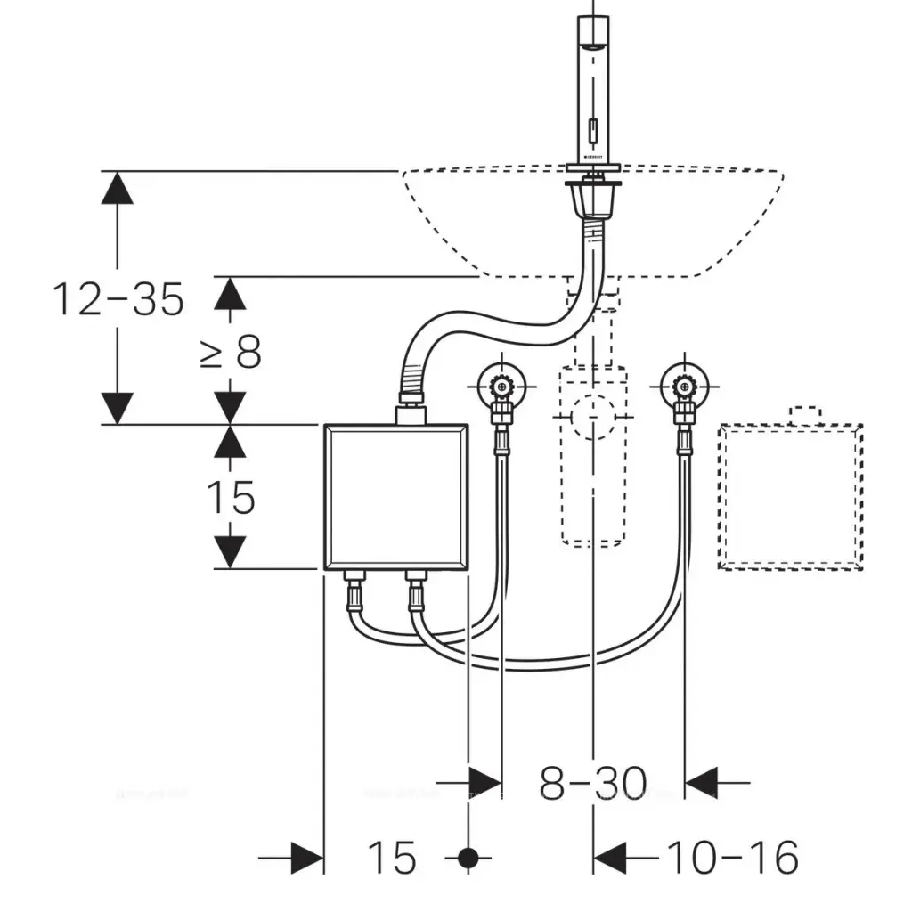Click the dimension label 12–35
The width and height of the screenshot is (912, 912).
coord(118,299)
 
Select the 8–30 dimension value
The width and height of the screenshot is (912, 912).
coord(592,784)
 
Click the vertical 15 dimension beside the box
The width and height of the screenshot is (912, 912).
coord(231,497)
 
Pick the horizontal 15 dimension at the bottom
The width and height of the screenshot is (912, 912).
coord(392,859)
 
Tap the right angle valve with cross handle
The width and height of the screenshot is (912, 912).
coord(683,387)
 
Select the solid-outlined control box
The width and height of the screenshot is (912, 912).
coord(395,497)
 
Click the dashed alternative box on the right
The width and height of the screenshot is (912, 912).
coord(790,496)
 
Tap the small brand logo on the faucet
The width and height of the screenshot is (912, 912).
coord(593,155)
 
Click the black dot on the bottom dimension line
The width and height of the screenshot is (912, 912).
coord(468,859)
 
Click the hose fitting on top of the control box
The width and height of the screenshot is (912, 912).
coord(411,411)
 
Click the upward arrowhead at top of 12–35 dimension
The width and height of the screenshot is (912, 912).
coord(117,189)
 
